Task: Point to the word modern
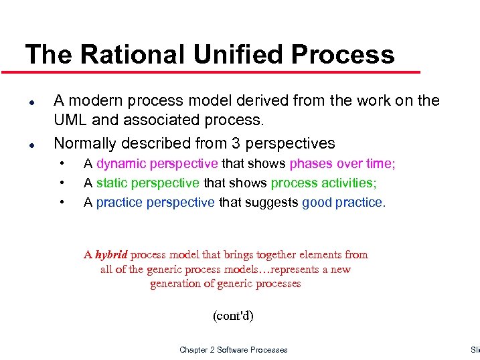coord(94,100)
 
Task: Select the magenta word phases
coord(311,164)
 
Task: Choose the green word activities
coord(349,183)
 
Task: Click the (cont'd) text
coord(233,315)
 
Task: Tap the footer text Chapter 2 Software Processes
coord(234,349)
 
